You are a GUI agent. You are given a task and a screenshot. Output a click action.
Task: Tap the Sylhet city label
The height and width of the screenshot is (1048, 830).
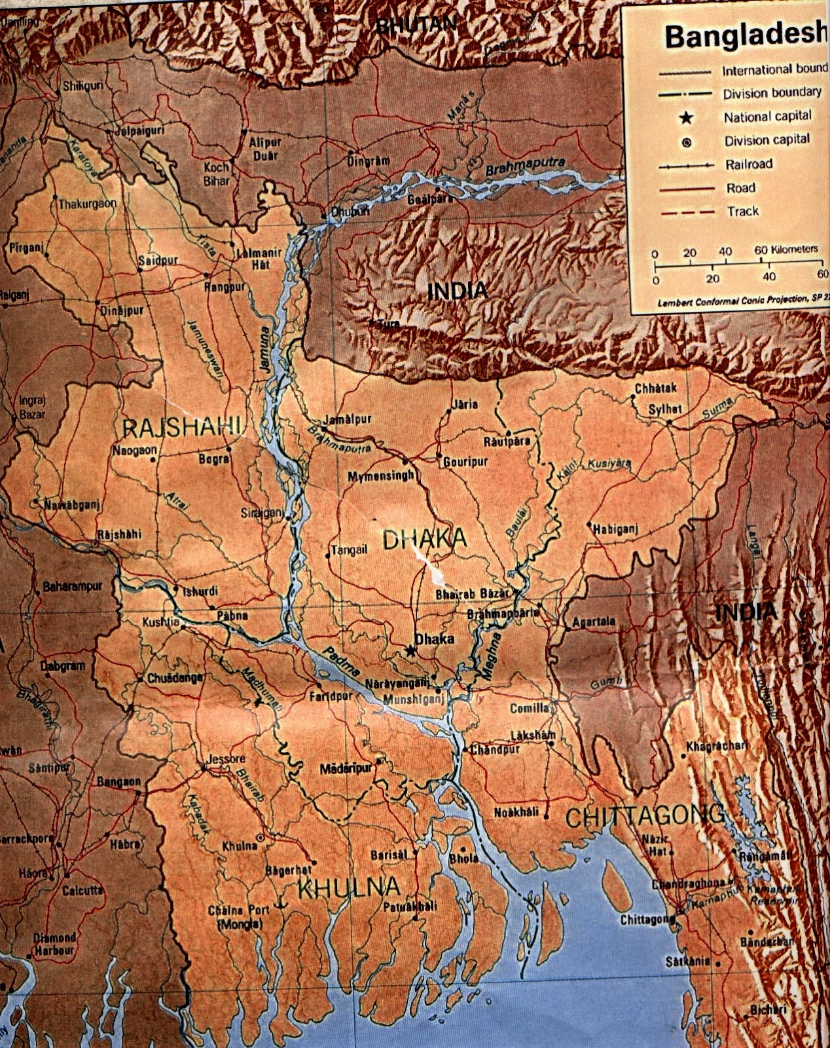pos(665,409)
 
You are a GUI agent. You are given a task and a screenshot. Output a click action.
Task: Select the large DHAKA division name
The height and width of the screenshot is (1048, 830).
pos(424,539)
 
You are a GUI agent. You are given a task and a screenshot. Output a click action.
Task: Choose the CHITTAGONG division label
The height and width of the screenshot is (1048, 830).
pos(645,817)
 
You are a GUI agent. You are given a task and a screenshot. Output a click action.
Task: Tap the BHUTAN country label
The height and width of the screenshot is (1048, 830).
pos(416,24)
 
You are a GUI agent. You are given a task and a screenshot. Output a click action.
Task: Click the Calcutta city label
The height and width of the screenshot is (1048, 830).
pos(82,890)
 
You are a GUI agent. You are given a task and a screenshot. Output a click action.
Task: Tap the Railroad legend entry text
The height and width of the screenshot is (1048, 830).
pos(748,164)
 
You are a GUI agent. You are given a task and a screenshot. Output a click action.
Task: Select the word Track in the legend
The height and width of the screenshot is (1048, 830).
pos(742,211)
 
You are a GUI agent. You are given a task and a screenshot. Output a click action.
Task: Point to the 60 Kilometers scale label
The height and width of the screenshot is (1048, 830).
pos(785,250)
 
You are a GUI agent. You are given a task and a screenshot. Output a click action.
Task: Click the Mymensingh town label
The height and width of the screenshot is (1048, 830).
pos(380,476)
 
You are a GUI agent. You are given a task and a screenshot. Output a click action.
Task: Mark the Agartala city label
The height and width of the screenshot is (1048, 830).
pos(594,621)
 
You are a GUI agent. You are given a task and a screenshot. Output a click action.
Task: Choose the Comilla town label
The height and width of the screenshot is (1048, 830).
pos(530,708)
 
